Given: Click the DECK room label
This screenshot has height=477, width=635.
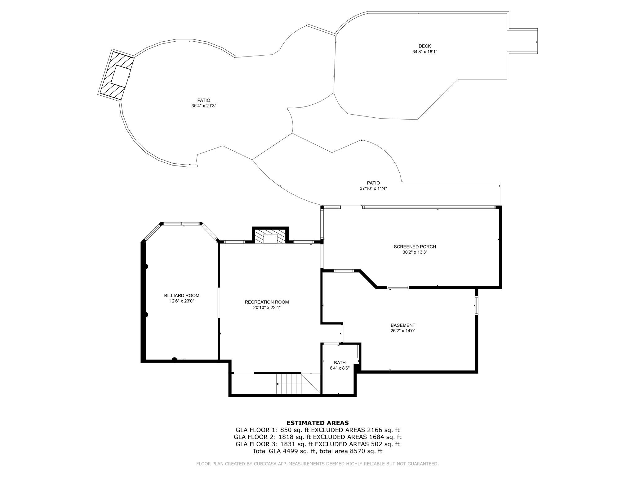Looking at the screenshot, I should pos(424,46).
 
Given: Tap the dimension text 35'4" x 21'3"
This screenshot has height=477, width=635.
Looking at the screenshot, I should pos(203,106).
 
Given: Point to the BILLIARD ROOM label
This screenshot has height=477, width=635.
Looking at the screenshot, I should pos(181,296).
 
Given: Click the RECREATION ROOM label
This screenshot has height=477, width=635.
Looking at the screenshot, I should pos(267,302).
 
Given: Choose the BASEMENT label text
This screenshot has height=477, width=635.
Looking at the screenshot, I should pos(403,325).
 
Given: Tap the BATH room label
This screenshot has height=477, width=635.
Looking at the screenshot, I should pos(340,363).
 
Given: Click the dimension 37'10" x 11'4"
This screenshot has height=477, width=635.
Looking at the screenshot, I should pos(373,189).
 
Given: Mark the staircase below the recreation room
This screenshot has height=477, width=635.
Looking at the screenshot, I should pos(290,384).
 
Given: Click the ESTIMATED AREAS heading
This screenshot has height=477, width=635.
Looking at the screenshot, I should pos(317,423).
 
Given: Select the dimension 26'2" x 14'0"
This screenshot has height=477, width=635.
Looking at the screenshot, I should pos(403,331).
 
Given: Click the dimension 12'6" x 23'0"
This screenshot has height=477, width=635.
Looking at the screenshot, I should pos(181,301).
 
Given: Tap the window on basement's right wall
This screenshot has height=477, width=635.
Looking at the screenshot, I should pos(476,306).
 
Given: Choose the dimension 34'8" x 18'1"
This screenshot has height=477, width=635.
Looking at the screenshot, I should pos(424,52).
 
